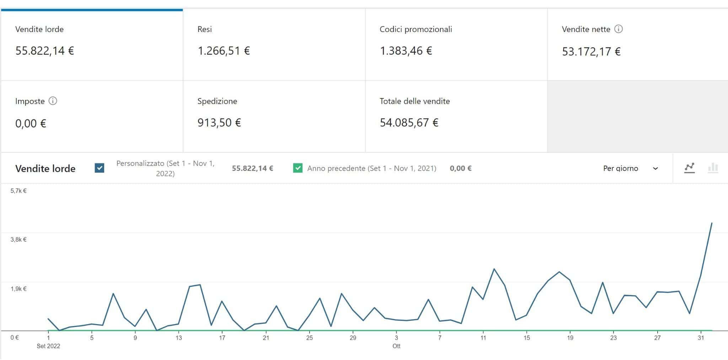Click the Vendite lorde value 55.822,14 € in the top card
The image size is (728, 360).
tap(44, 51)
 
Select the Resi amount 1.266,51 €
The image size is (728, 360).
tap(224, 51)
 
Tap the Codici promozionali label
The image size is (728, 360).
tap(416, 29)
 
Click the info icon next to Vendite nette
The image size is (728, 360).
tap(619, 29)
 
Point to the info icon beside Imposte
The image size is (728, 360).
tap(53, 101)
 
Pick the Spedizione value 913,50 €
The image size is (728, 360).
tap(219, 123)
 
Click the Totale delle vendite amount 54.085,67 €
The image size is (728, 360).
tap(409, 123)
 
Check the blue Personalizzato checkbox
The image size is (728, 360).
tap(100, 168)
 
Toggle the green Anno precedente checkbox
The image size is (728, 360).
tap(298, 168)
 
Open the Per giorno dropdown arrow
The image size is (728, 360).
tap(655, 168)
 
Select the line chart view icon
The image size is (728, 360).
tap(689, 168)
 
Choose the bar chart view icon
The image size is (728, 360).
tap(713, 168)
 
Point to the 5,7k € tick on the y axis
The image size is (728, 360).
tap(18, 191)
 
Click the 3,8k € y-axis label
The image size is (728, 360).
tap(18, 240)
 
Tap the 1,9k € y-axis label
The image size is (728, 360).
tap(18, 289)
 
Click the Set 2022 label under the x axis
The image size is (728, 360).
tap(48, 346)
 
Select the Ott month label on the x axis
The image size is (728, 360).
tap(396, 346)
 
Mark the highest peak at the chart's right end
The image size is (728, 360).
tap(711, 223)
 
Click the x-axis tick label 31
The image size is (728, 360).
tap(701, 338)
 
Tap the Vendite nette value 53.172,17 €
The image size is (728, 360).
tap(591, 52)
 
